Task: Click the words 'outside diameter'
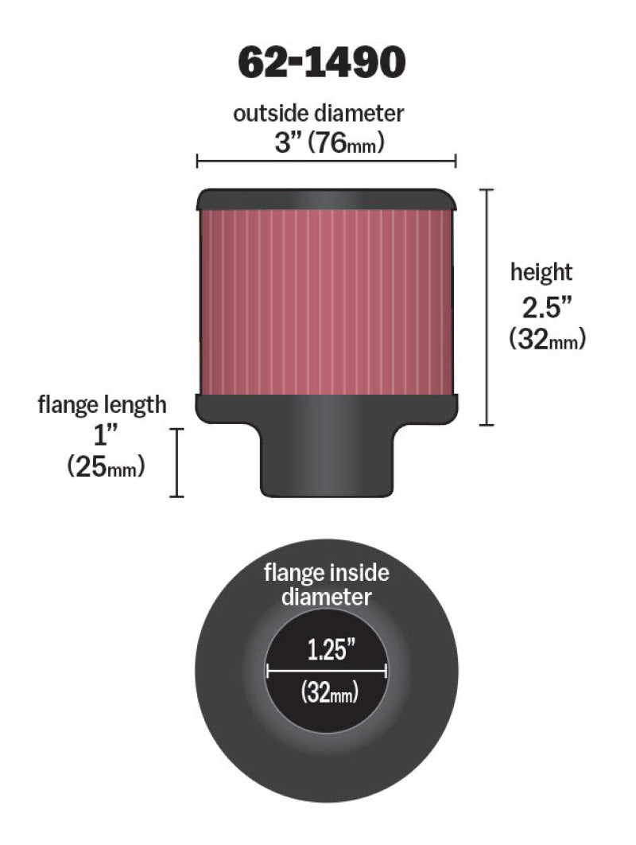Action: coord(318,113)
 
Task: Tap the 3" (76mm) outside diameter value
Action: coord(329,143)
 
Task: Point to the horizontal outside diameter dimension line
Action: coord(326,162)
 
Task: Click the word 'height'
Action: coord(541,272)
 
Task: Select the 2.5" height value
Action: coord(541,306)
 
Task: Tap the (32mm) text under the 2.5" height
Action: coord(547,339)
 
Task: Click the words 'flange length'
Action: coord(103,404)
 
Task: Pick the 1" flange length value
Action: coord(99,435)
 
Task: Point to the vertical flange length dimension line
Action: coord(176,462)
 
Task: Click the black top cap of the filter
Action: coord(326,199)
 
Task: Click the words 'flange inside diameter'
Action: coord(326,584)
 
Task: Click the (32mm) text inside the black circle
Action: coord(326,693)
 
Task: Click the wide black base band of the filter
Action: coord(326,407)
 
